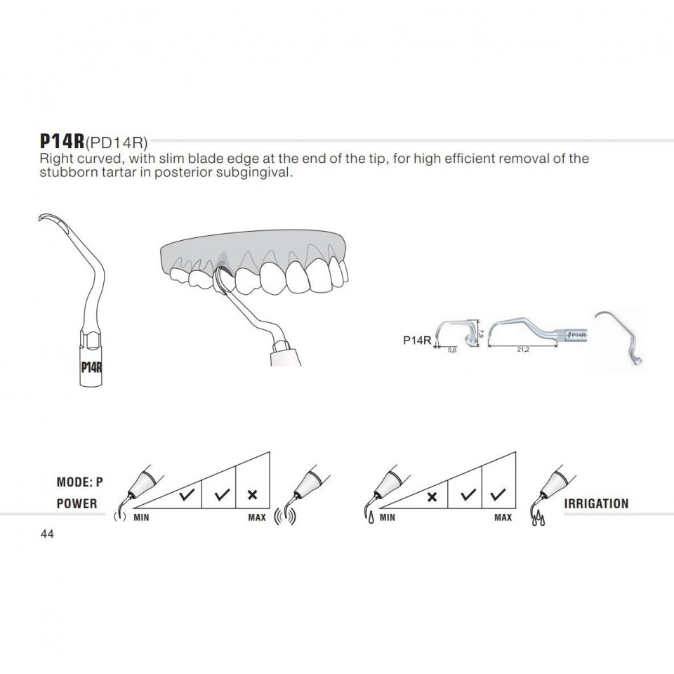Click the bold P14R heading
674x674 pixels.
tap(62, 140)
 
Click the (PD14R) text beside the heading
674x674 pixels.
tap(117, 142)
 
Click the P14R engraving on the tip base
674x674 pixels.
tap(91, 367)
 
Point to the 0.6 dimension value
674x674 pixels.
tap(452, 350)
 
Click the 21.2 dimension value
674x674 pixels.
tap(523, 350)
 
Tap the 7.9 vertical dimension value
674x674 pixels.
tap(482, 333)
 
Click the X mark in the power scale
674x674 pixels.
tap(253, 495)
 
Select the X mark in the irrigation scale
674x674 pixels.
tap(432, 497)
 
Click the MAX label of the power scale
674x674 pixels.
tap(257, 517)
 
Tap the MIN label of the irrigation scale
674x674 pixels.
tap(388, 517)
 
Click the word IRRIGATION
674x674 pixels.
tap(596, 503)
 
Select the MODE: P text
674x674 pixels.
tap(80, 482)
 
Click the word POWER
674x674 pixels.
tap(77, 503)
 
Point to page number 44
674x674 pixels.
tap(47, 534)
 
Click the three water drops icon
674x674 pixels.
tap(538, 520)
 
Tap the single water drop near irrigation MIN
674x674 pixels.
tap(371, 517)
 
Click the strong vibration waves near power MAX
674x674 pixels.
tap(285, 517)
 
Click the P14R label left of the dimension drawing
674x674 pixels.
tap(417, 341)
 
